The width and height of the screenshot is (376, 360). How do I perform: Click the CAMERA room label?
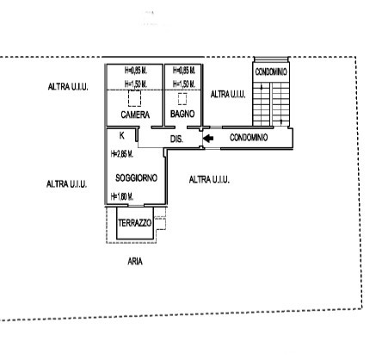pos(135,115)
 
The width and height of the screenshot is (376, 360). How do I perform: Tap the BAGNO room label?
pos(182,114)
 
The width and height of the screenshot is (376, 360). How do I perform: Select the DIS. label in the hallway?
pos(176,140)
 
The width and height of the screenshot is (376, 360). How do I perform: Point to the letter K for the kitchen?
pos(122,135)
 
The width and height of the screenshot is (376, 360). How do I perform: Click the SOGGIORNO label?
pos(136,178)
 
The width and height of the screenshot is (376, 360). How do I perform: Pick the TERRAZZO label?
pos(135,223)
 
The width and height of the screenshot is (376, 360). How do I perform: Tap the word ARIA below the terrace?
pos(135,262)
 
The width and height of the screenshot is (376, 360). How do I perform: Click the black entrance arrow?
pos(208,139)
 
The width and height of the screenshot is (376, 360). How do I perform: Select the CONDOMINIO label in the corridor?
pos(249,138)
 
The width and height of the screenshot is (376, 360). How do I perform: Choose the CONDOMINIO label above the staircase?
pos(271,71)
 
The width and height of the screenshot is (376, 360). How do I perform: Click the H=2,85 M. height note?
pos(122,154)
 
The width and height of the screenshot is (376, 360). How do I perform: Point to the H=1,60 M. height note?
pos(122,196)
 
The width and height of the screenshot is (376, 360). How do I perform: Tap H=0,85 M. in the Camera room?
pos(136,70)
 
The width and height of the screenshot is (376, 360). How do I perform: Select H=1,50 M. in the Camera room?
pos(136,84)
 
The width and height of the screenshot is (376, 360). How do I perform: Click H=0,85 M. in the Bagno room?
pos(184,70)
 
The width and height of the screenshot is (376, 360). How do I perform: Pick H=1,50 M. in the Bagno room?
pos(184,84)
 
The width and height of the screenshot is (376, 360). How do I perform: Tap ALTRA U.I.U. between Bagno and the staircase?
pos(228,94)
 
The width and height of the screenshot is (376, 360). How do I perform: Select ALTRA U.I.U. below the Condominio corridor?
pos(209,180)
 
